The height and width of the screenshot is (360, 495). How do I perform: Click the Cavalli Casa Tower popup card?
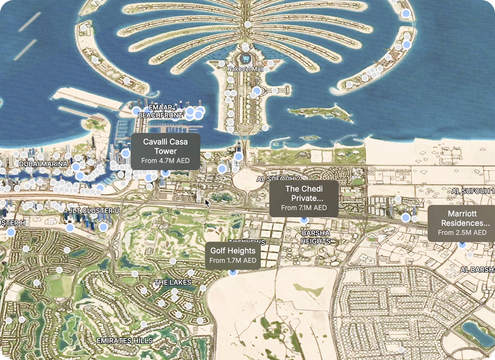coord(165,151)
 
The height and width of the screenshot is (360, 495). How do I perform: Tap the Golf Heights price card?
coord(233,255)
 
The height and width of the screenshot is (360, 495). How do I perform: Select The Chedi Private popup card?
coord(304,198)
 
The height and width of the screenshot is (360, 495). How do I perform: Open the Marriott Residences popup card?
coord(462,223)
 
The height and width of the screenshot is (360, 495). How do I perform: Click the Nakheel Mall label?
coord(246,69)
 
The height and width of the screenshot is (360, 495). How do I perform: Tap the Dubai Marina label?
coord(43,164)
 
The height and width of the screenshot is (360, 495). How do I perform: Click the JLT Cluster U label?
coord(94,210)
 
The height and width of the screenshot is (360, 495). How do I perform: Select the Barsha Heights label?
coord(316,237)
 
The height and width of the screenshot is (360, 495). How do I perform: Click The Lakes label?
coord(173,283)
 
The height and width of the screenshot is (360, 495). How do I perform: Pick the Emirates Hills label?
coord(125,341)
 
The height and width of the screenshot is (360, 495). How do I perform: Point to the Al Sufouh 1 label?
coord(473,191)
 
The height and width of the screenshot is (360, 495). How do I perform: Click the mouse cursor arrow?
coord(207,202)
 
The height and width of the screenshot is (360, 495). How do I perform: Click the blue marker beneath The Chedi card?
coord(304,220)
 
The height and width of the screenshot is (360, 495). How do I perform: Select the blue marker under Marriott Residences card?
coord(462,244)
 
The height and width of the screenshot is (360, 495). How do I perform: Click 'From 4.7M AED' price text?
coord(165,161)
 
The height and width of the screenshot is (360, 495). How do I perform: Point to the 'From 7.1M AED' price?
coord(304,208)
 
